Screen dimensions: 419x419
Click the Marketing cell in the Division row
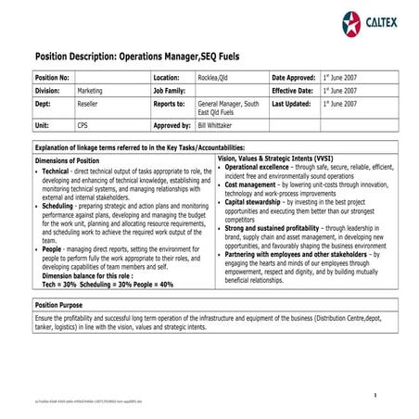[90, 92]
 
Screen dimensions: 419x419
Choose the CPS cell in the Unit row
[83, 124]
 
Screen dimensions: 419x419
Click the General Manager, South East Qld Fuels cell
[228, 109]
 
